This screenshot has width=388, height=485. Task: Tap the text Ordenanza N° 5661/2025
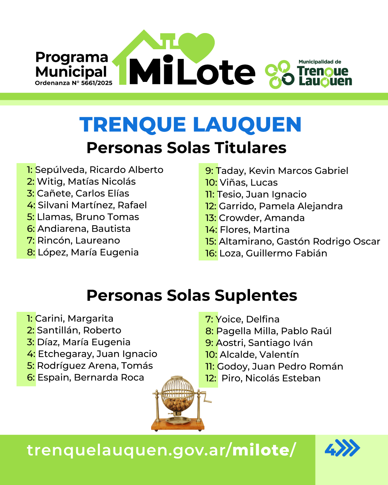[74, 83]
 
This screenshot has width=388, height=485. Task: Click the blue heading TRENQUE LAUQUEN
[190, 125]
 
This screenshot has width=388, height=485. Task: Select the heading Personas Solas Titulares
[186, 148]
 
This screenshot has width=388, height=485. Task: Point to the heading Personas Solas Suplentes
[192, 295]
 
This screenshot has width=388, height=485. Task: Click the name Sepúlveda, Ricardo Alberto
[99, 170]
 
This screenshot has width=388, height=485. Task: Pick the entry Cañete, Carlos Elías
[83, 193]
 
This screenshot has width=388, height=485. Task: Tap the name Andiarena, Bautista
[84, 228]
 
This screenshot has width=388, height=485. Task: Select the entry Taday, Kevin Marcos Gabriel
[282, 171]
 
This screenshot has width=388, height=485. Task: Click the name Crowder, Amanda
[262, 218]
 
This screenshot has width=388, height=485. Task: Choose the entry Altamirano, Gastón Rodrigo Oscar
[300, 241]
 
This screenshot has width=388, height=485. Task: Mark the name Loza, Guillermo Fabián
[273, 253]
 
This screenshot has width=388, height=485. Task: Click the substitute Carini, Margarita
[74, 318]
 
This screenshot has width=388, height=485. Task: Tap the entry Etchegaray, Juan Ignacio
[98, 354]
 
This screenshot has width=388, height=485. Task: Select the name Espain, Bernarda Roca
[91, 377]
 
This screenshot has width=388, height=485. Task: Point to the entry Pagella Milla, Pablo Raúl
[274, 331]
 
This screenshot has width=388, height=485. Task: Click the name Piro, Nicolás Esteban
[271, 378]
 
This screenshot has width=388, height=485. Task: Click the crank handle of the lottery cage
[206, 398]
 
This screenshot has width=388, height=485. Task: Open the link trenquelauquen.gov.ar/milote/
[161, 450]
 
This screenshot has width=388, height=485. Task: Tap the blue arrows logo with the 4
[342, 448]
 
